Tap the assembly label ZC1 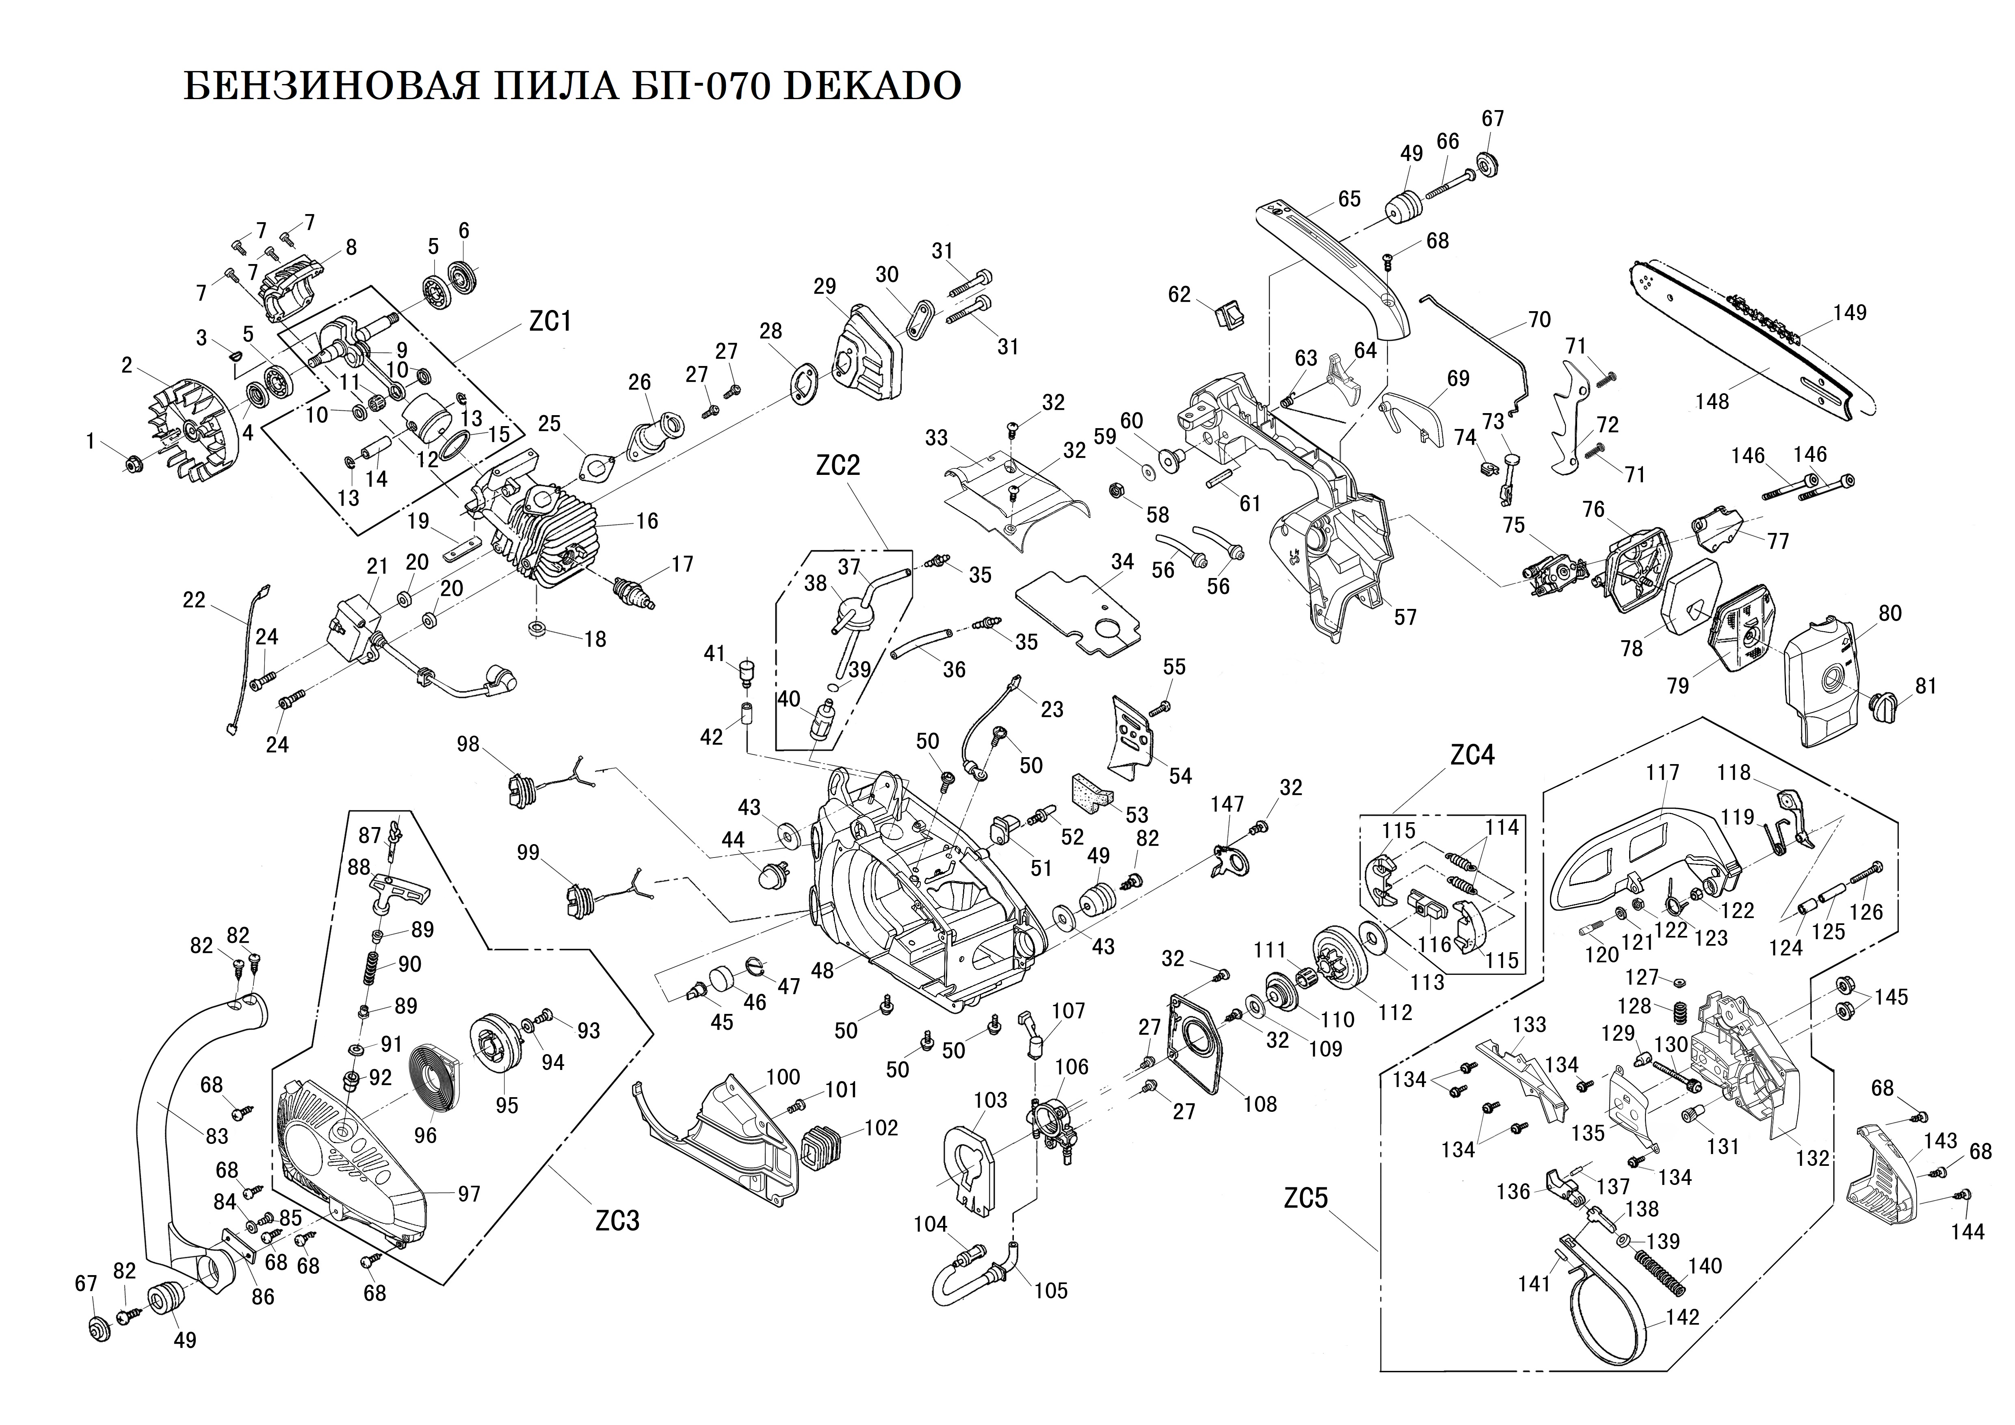coord(550,321)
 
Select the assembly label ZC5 coord(1306,1199)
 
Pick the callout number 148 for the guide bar coord(1711,402)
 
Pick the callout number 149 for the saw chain coord(1850,312)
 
